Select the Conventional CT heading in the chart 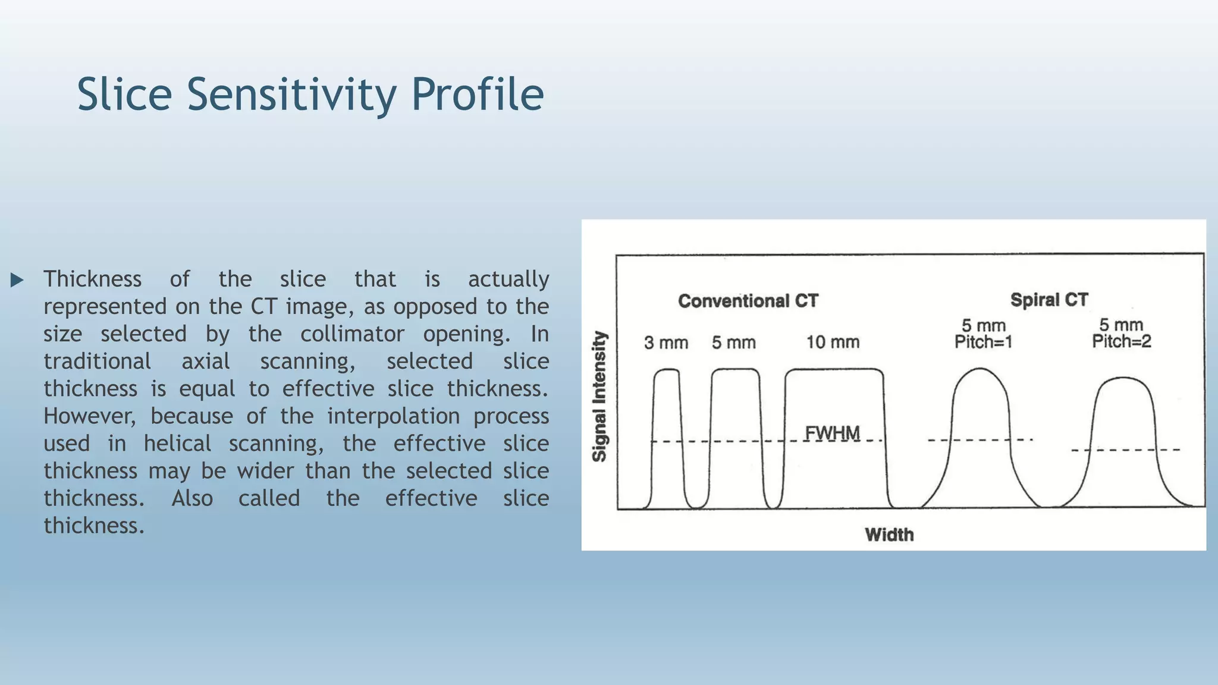click(x=748, y=301)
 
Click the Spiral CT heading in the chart click(x=1049, y=300)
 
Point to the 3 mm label click(x=666, y=343)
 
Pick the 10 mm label click(x=833, y=342)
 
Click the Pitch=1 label click(x=983, y=342)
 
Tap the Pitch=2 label click(x=1121, y=341)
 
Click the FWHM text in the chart click(x=832, y=433)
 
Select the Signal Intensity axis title click(x=599, y=397)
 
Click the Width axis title click(x=889, y=535)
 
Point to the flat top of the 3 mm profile click(x=667, y=370)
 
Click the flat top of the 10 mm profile click(x=834, y=369)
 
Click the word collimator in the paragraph click(x=352, y=334)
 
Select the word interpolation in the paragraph click(x=393, y=416)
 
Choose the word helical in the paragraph click(x=177, y=444)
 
